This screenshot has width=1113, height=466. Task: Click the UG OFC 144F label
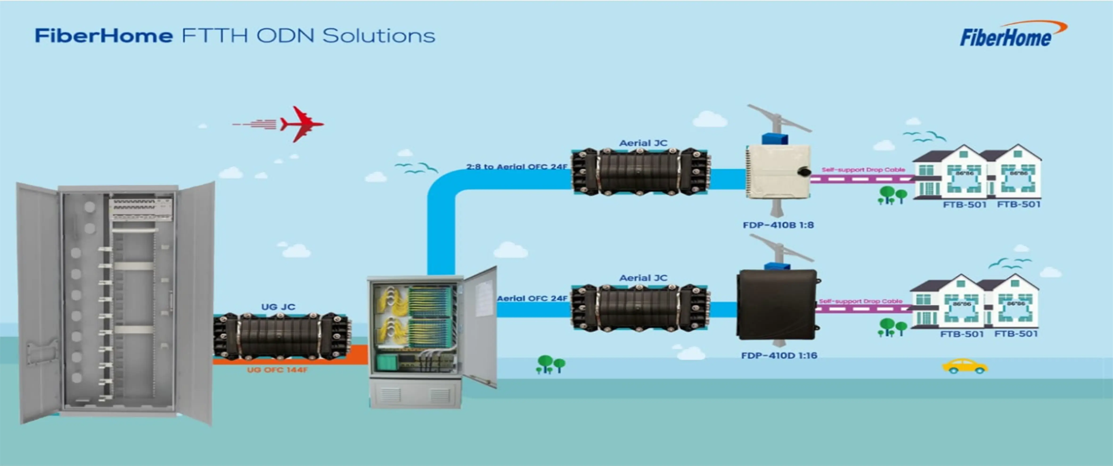277,370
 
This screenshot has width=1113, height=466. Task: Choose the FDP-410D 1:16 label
779,355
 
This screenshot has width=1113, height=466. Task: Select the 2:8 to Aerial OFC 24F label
516,167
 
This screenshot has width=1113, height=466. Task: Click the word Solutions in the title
378,35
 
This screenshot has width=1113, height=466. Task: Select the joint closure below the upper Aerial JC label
641,171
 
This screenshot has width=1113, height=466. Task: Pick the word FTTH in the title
214,35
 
